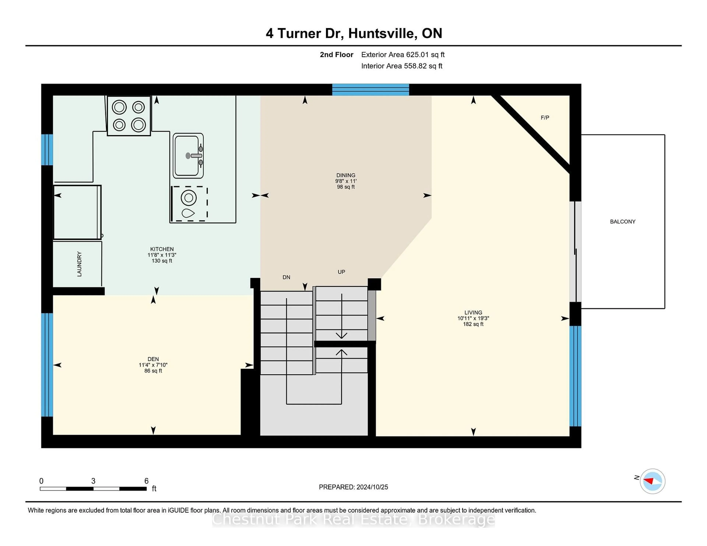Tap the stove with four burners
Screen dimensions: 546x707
(129, 116)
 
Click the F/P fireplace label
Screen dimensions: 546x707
(545, 118)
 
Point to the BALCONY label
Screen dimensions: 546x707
(622, 221)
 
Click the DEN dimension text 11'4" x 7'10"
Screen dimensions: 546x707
(153, 365)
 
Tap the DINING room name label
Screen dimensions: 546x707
(346, 175)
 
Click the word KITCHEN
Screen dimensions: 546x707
(162, 249)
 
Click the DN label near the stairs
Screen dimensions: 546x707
(286, 277)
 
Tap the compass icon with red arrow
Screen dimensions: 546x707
(652, 481)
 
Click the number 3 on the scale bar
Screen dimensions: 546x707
(93, 481)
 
